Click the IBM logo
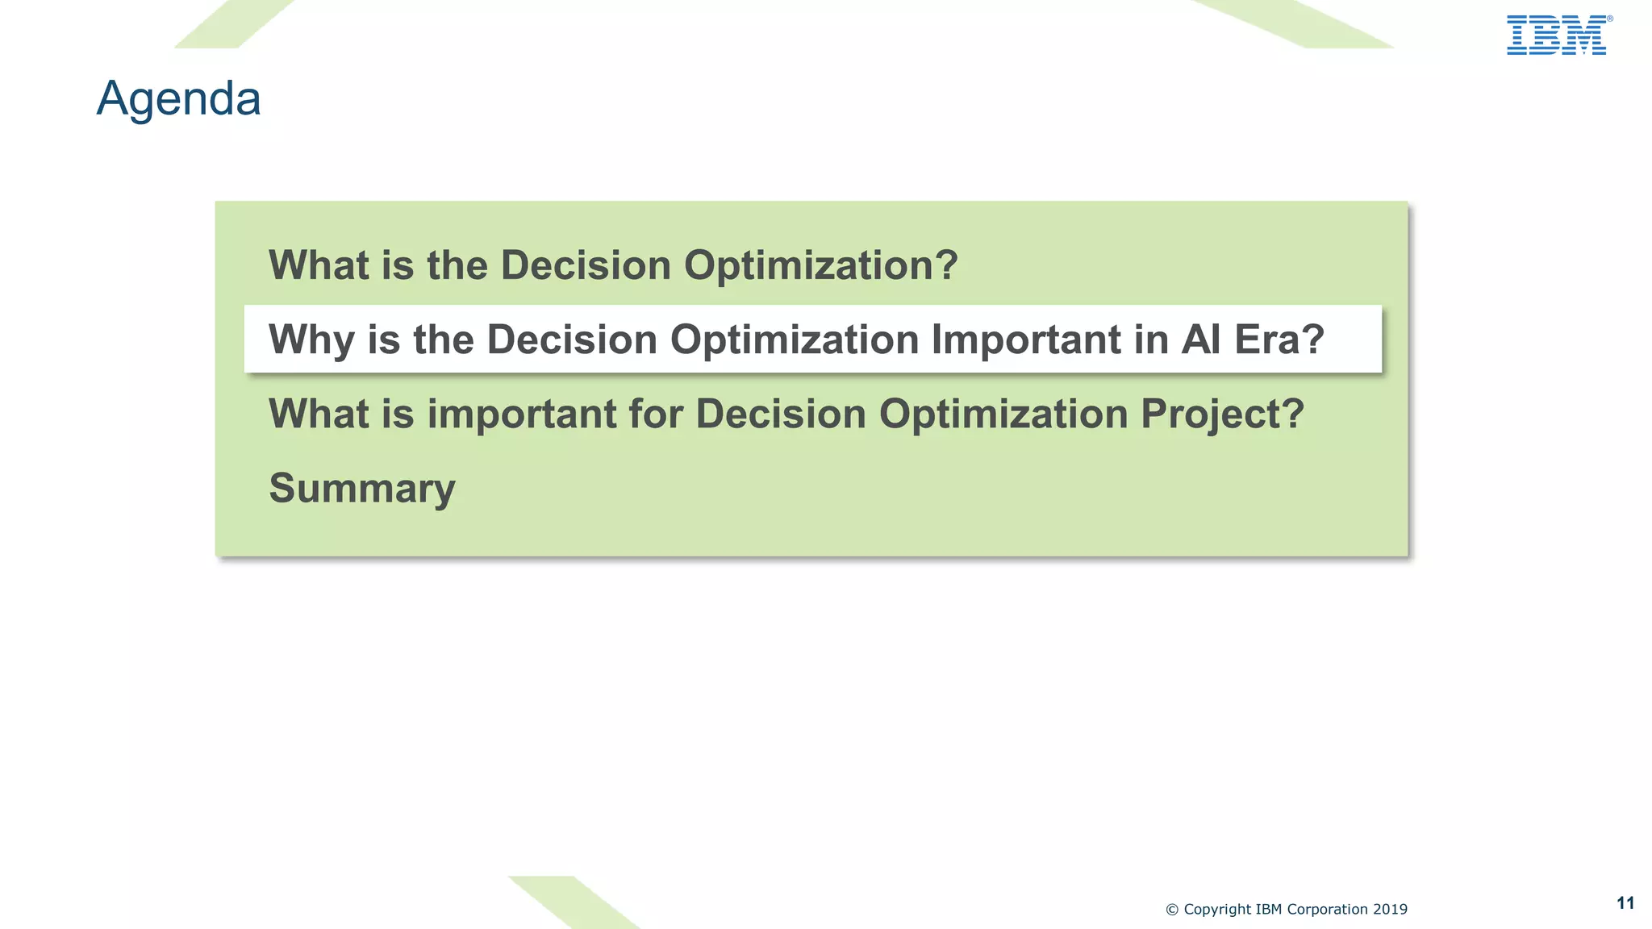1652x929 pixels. tap(1556, 35)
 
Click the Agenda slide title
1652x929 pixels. tap(178, 98)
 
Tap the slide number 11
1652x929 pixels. tap(1625, 903)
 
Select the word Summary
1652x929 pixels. tap(362, 488)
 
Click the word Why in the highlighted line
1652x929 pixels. tap(311, 340)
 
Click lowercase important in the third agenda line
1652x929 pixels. tap(521, 415)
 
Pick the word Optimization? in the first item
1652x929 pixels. tap(820, 265)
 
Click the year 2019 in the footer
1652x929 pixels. tap(1390, 910)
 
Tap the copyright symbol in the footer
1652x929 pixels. tap(1172, 910)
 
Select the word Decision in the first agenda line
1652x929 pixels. tap(586, 265)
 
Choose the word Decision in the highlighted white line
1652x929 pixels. tap(572, 340)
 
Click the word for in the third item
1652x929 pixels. tap(655, 415)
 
